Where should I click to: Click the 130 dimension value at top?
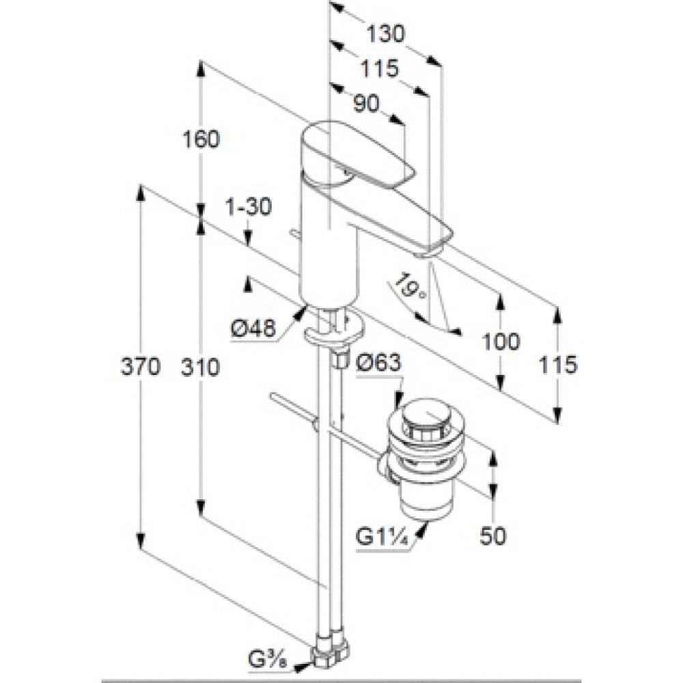385,33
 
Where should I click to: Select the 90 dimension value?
366,103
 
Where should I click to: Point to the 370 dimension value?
141,367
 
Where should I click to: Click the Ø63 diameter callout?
378,363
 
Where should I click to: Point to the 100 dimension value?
501,341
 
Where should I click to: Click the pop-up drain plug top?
424,416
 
